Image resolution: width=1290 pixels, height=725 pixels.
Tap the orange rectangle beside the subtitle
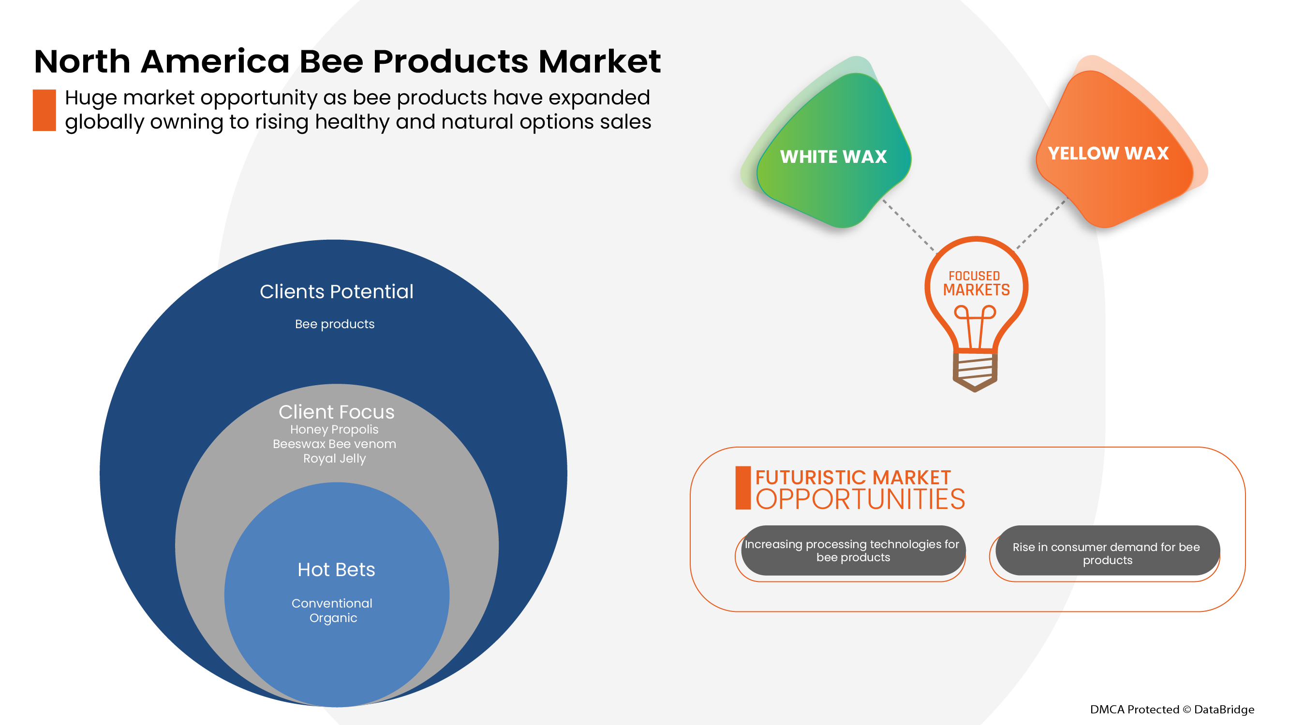tap(44, 110)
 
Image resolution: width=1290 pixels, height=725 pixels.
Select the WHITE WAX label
tap(833, 157)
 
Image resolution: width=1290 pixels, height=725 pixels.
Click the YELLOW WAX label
tap(1108, 154)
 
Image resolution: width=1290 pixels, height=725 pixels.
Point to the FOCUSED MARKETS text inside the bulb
tap(976, 284)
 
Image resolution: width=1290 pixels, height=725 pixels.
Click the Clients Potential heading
tap(337, 292)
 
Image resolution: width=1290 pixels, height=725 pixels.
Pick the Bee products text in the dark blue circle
tap(335, 324)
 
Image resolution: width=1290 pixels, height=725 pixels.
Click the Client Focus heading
tap(337, 412)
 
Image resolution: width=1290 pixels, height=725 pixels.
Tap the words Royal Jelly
tap(335, 458)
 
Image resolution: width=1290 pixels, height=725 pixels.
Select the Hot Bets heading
tap(336, 570)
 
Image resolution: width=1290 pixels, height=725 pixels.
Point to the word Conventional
tap(332, 603)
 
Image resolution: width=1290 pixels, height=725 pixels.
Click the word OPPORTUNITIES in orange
tap(860, 500)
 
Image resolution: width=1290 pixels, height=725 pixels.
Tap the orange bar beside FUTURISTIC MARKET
tap(742, 488)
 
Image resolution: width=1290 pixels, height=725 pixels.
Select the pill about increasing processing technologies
tap(852, 551)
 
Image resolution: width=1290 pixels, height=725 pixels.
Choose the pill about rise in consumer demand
tap(1107, 553)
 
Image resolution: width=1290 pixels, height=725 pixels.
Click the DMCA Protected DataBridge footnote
tap(1172, 710)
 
